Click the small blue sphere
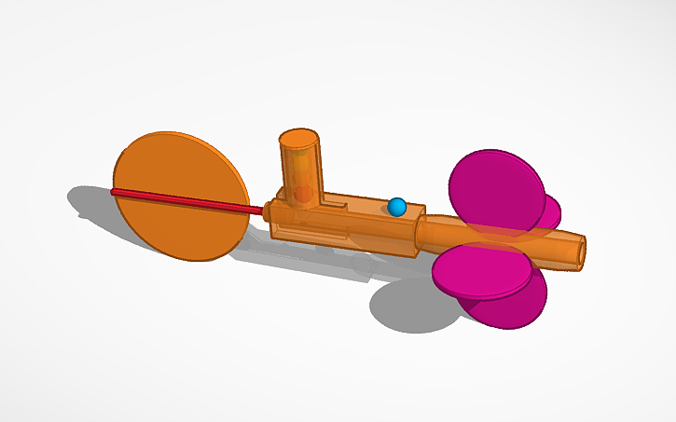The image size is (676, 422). pyautogui.click(x=397, y=207)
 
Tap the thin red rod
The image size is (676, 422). pyautogui.click(x=186, y=201)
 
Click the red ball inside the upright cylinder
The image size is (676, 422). pyautogui.click(x=302, y=194)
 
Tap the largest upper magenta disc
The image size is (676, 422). pyautogui.click(x=496, y=190)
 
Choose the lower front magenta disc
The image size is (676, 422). pyautogui.click(x=481, y=270)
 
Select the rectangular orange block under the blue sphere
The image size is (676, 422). pyautogui.click(x=373, y=228)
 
